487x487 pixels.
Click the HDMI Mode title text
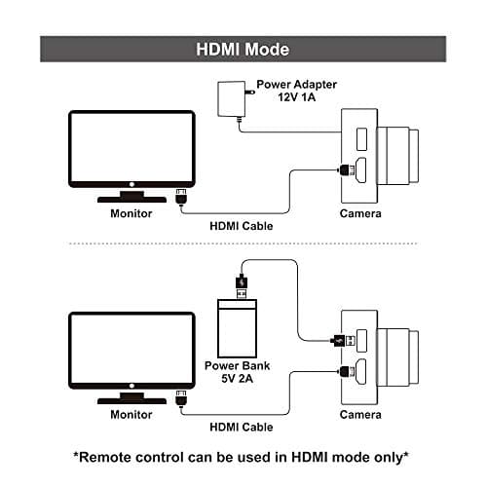pos(243,49)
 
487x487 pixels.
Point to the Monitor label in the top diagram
pos(131,212)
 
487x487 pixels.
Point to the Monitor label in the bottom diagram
pos(131,414)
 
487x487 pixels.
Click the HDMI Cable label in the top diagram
pos(242,226)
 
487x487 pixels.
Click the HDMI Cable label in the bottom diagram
pos(242,427)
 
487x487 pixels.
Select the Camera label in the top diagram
pos(359,212)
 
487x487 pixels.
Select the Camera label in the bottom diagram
pos(359,414)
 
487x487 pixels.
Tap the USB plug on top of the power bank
pos(242,285)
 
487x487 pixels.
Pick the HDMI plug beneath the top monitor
pos(179,197)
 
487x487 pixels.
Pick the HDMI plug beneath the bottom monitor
pos(179,398)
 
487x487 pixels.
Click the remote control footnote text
pos(243,457)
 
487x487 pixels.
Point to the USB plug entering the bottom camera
pos(337,340)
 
